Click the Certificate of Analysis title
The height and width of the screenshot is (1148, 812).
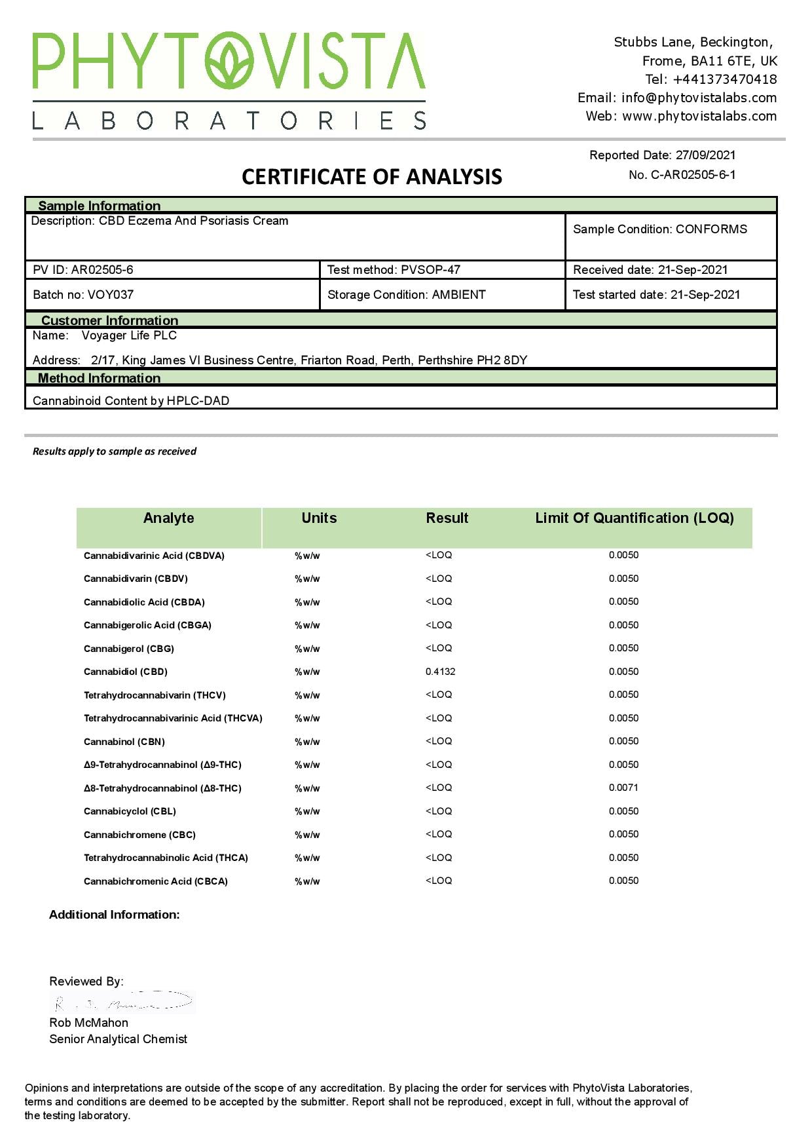(372, 177)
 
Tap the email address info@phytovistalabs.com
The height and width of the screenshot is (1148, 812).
(699, 98)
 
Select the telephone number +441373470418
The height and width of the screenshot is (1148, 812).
(725, 79)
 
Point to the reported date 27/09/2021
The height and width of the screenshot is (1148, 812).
(705, 155)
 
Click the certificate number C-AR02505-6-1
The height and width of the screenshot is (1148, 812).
(693, 175)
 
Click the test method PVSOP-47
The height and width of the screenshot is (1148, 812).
(430, 270)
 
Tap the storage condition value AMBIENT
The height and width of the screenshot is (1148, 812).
(458, 295)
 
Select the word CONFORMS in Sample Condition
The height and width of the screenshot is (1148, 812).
(711, 229)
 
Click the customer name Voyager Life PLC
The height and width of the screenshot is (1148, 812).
(129, 335)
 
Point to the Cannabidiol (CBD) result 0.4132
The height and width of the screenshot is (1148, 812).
(440, 672)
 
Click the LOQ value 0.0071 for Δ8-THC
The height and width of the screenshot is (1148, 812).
(623, 788)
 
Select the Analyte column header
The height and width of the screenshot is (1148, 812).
(168, 518)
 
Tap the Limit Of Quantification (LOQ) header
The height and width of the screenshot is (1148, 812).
(634, 518)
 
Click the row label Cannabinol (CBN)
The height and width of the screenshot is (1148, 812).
(124, 742)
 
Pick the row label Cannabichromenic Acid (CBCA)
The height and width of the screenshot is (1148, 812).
(156, 881)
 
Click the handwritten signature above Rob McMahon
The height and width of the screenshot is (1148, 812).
(123, 1002)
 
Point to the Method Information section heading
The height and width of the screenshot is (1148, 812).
(99, 378)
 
